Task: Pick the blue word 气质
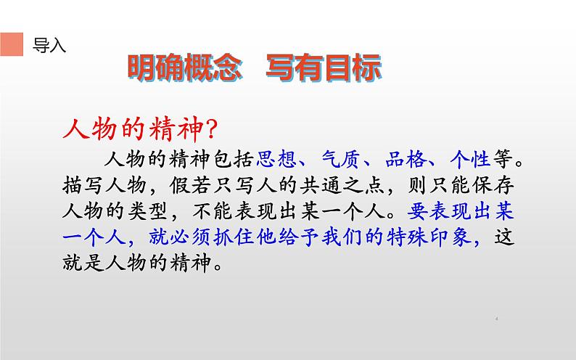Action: [341, 158]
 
